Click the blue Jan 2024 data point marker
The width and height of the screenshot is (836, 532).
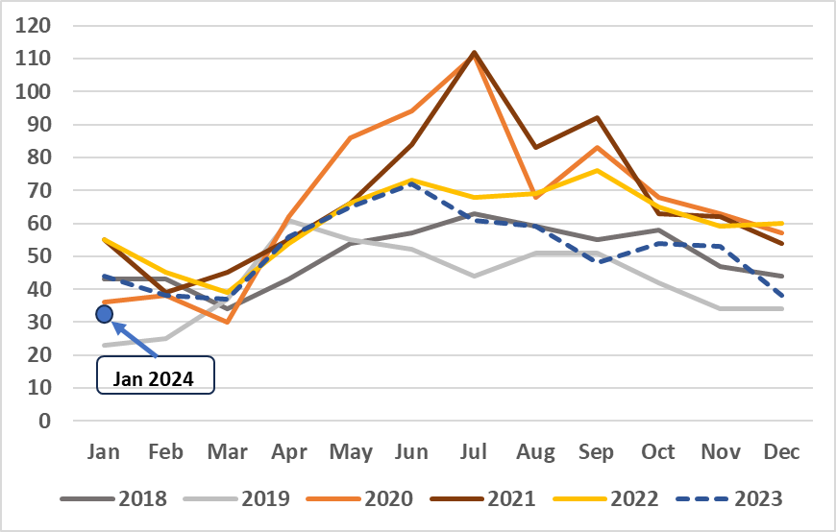[x=105, y=313]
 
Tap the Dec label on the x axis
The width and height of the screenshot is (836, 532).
[x=781, y=451]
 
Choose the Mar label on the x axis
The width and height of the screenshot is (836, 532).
[x=228, y=451]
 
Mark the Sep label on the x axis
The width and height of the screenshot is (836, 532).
[x=597, y=451]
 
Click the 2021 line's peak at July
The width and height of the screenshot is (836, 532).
[x=474, y=53]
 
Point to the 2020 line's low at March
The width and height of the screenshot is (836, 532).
[x=228, y=322]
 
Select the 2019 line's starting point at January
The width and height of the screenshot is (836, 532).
[x=105, y=345]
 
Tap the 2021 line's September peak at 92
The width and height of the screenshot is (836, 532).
[x=597, y=118]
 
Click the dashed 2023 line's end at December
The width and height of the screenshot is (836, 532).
[x=781, y=296]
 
